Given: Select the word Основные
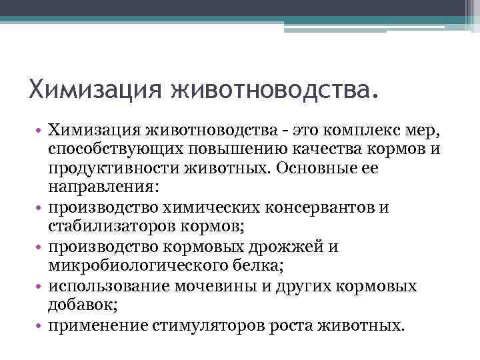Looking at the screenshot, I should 321,168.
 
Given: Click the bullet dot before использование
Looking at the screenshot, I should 40,287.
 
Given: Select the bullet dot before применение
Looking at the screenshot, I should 40,327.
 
